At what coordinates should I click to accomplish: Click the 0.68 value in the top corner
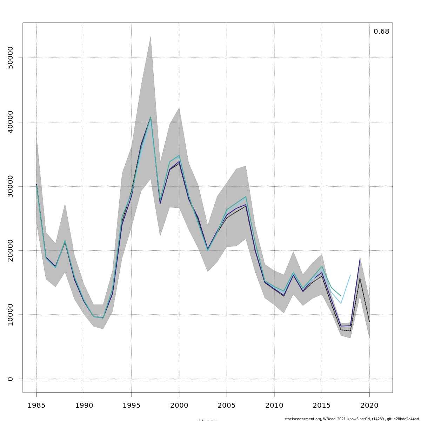381,32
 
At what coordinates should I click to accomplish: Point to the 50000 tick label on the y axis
10,58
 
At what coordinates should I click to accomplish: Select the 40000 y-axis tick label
10,122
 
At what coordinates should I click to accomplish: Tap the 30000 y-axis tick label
10,186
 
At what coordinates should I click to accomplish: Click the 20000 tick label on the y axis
10,250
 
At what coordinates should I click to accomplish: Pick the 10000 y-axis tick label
10,315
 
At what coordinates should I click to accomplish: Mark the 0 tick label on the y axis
10,379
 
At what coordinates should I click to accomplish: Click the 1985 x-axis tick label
36,406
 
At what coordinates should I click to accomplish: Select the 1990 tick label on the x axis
84,406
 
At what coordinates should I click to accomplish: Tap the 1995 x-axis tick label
132,406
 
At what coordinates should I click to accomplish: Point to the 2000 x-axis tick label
179,406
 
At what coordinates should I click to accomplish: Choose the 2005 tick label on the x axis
227,406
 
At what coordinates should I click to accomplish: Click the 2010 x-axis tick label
274,406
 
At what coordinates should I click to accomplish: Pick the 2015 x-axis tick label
322,406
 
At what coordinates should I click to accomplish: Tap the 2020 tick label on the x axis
369,406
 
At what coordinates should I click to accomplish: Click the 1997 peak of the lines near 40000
151,117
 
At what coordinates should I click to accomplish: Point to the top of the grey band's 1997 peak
151,36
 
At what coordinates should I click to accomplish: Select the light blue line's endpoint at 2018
350,275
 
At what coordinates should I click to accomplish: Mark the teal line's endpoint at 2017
341,296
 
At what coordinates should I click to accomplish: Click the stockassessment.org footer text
351,419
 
